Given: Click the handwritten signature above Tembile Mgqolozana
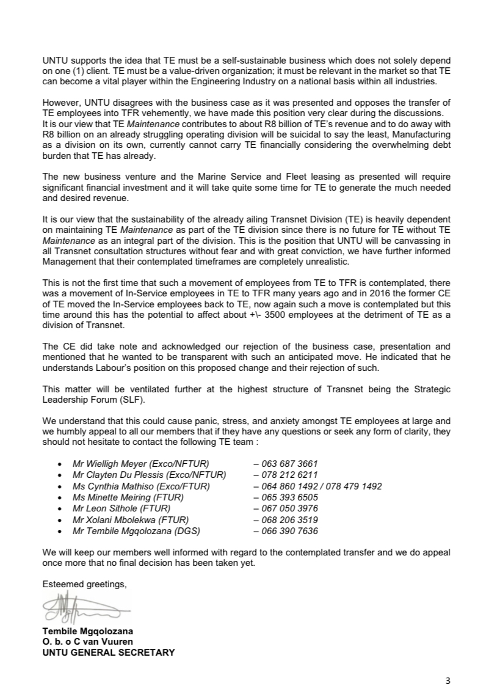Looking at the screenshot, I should [x=85, y=608].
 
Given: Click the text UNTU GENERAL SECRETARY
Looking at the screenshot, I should [x=108, y=652].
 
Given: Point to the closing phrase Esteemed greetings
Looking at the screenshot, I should [x=84, y=585].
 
